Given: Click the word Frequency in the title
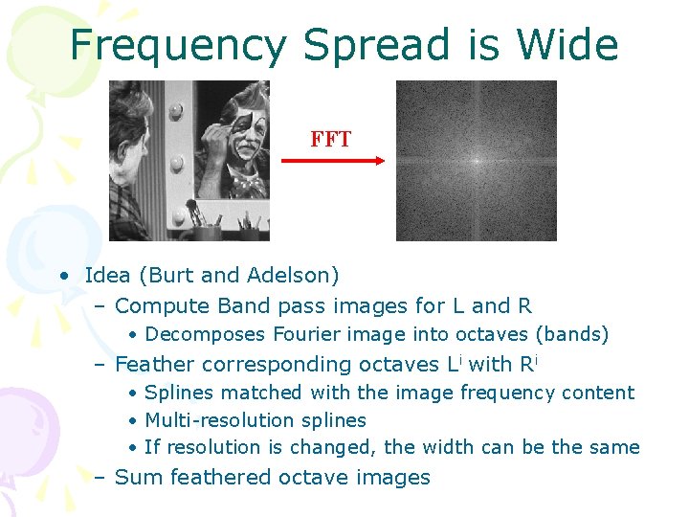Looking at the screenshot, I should tap(178, 46).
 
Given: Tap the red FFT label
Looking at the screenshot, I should tap(330, 140).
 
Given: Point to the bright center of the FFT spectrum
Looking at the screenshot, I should tap(477, 161).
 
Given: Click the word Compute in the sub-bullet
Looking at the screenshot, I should tap(154, 306).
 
